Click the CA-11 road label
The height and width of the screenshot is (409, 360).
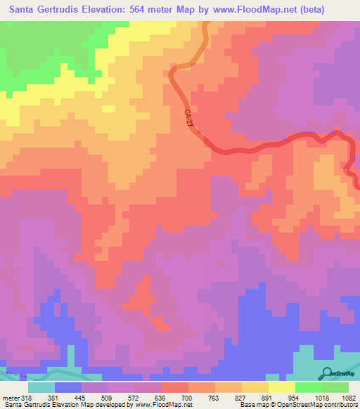pos(188,117)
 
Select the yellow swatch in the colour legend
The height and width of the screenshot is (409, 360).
pos(281,387)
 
